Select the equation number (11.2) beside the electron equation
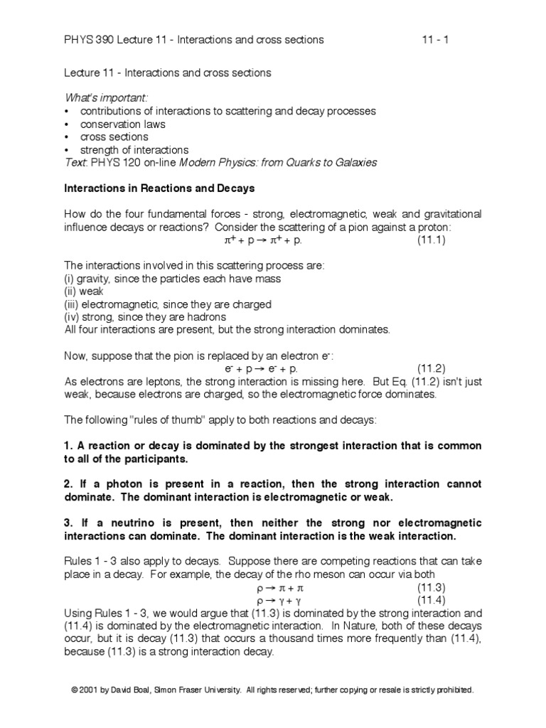[x=431, y=368]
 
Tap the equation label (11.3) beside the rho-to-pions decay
[x=431, y=588]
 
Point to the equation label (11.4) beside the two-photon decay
[x=431, y=601]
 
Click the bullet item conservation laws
[x=123, y=124]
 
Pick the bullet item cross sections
[x=114, y=136]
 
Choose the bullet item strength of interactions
[x=134, y=149]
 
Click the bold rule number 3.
[x=68, y=523]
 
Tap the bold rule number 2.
[x=68, y=484]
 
